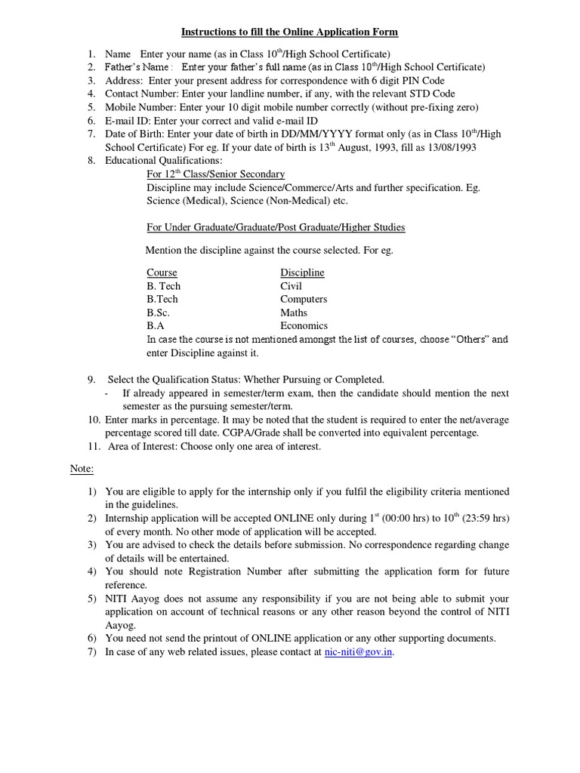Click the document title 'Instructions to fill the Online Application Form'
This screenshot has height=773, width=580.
[289, 32]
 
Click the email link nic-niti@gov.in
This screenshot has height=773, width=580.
[358, 651]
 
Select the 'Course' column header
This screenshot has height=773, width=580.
[162, 273]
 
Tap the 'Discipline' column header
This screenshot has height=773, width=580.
[302, 273]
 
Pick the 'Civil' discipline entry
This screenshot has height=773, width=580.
[291, 286]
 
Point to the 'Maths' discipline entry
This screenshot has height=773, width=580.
[294, 313]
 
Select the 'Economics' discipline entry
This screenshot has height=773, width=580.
[304, 326]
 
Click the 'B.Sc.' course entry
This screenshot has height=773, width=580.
[158, 313]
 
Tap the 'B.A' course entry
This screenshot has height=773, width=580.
[155, 326]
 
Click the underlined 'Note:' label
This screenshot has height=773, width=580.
[82, 469]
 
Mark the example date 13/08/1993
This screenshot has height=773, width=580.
[451, 147]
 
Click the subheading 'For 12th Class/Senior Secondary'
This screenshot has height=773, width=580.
[215, 174]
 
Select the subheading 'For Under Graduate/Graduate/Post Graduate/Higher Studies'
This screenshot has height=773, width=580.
[276, 227]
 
